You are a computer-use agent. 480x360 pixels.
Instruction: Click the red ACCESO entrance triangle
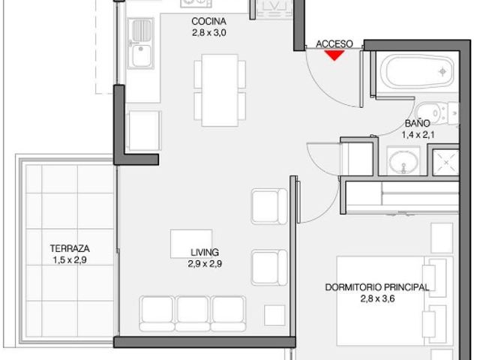coord(334,55)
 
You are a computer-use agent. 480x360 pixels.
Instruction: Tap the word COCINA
coord(208,22)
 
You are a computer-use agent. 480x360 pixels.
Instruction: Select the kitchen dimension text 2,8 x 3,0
coord(209,33)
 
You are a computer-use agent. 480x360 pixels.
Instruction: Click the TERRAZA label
coord(70,248)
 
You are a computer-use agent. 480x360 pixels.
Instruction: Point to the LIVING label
coord(205,253)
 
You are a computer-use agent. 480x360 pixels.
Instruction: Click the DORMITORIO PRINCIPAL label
coord(377,287)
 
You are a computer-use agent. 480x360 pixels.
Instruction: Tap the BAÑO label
coord(418,123)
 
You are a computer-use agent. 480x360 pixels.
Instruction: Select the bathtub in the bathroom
coord(417,72)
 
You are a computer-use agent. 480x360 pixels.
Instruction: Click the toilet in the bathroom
coord(436,112)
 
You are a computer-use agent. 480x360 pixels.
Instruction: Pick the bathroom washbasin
coord(403,161)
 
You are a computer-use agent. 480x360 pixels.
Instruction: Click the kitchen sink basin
coord(142,55)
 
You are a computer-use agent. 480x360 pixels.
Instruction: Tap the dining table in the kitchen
coord(220,90)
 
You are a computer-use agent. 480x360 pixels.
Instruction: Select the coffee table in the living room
coord(191,244)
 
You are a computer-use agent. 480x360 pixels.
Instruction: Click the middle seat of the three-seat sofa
coord(193,313)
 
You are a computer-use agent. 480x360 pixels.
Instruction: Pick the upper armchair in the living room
coord(269,207)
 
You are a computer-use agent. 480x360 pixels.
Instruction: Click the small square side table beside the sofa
coord(274,315)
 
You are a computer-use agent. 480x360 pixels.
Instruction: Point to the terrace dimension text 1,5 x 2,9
coord(70,260)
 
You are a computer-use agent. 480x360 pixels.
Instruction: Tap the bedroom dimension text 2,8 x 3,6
coord(377,298)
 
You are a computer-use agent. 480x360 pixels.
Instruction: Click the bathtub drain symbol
coord(442,72)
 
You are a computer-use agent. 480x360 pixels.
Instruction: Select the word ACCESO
coord(334,44)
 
